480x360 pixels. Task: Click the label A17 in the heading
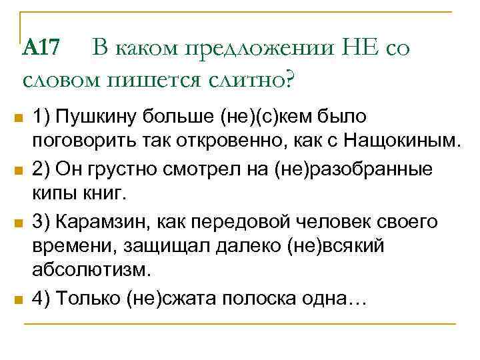[x=41, y=47]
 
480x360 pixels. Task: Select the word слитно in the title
[x=251, y=80]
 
